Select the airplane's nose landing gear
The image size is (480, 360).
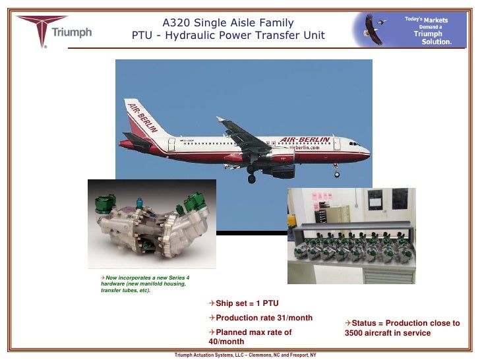[337, 173]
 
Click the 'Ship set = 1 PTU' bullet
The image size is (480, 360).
[243, 303]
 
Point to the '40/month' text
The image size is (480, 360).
[226, 342]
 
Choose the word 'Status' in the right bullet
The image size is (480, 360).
[365, 323]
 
